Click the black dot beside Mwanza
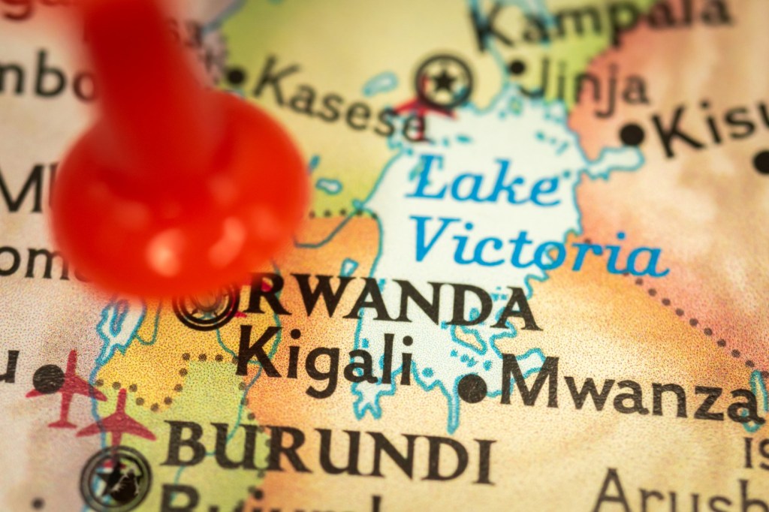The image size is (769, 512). [x=472, y=388]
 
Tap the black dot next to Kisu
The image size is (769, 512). [x=632, y=134]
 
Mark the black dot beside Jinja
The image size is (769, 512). [x=517, y=67]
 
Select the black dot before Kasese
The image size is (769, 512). [x=236, y=76]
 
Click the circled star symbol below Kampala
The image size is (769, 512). [x=445, y=80]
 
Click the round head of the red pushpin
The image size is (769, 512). [x=180, y=195]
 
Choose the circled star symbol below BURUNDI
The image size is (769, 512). [x=116, y=477]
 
